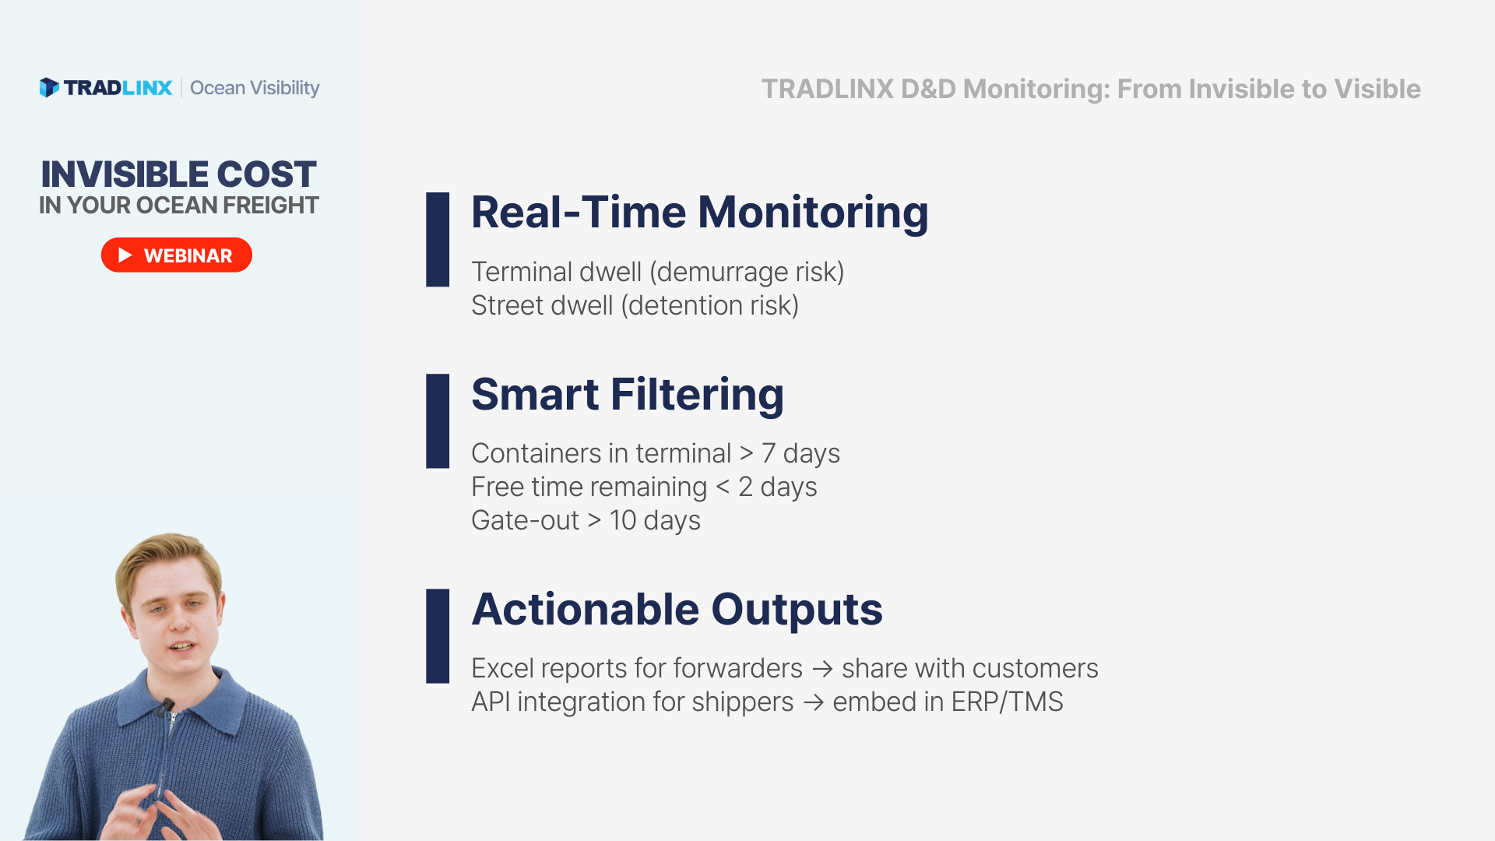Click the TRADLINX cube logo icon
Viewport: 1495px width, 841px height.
[49, 87]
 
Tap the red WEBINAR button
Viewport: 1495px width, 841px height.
[177, 255]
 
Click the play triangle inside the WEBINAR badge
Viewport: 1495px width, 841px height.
[125, 255]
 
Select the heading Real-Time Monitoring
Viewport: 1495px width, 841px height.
[700, 212]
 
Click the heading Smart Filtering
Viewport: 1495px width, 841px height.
[628, 394]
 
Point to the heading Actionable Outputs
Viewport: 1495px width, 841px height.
[677, 609]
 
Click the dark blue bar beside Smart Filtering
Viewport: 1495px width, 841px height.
[438, 421]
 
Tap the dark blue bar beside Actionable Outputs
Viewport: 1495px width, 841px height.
[438, 636]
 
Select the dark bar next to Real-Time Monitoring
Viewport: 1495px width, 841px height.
[438, 240]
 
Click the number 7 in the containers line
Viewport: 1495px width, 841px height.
[769, 453]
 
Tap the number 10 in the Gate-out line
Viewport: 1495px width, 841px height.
[623, 520]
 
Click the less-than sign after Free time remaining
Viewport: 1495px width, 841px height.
[723, 487]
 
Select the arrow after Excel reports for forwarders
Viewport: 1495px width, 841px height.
[822, 669]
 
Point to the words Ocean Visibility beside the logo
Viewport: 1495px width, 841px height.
[255, 88]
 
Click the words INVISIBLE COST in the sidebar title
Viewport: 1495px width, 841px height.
[178, 174]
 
